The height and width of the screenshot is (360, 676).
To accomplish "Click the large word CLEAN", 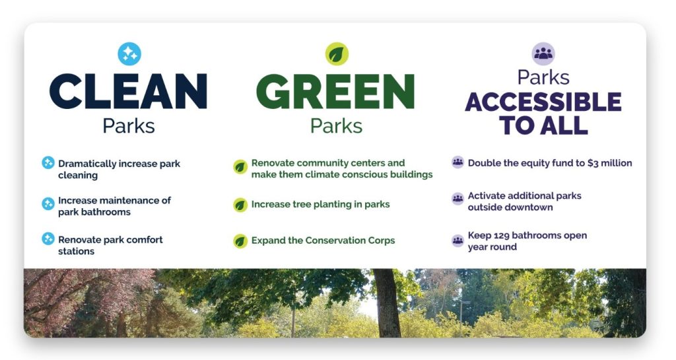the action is (129, 91).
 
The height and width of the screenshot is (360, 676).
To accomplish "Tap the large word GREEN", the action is (335, 91).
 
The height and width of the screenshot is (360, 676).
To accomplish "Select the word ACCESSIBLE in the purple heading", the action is (543, 102).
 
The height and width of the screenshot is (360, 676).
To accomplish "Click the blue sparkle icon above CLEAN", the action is (129, 54).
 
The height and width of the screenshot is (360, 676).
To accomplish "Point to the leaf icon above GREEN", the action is (337, 54).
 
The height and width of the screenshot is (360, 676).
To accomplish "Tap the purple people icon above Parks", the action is (543, 54).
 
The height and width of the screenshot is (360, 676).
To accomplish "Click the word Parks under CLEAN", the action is (129, 126).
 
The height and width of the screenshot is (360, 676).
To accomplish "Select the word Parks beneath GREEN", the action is (336, 126).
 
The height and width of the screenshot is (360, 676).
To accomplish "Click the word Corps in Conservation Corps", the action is (382, 240).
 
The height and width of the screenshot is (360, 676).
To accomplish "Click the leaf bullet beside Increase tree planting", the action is (240, 205).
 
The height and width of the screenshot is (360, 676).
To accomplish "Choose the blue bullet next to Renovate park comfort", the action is (48, 239).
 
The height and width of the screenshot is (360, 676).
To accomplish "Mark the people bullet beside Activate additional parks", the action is (458, 199).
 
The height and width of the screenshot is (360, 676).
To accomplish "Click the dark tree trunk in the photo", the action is (387, 303).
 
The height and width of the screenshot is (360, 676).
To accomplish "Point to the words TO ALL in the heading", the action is (543, 125).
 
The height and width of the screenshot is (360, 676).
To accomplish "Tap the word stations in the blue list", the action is (77, 252).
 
